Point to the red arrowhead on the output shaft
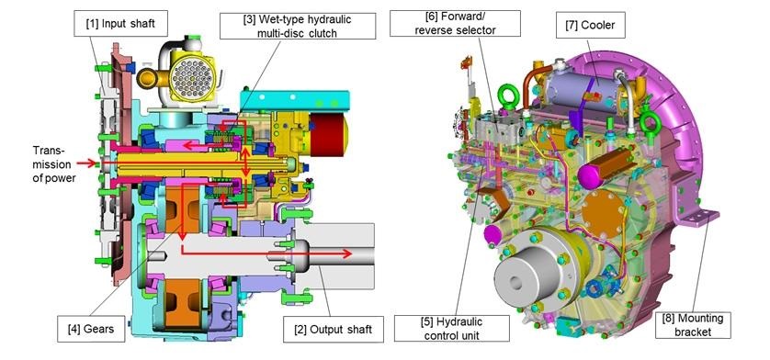click(x=350, y=253)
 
